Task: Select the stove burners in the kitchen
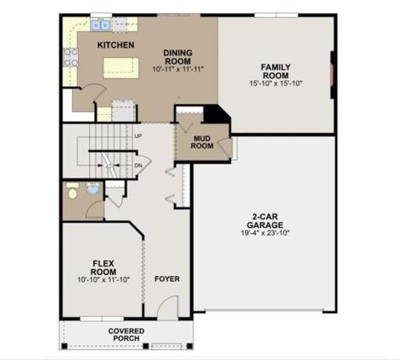pos(70,56)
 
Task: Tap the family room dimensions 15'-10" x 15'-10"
pos(276,82)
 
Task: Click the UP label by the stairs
pos(138,135)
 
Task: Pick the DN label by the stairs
pos(138,165)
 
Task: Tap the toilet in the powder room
pos(72,192)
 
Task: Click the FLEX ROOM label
pos(103,267)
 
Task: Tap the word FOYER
pos(166,279)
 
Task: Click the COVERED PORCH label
pos(126,335)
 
